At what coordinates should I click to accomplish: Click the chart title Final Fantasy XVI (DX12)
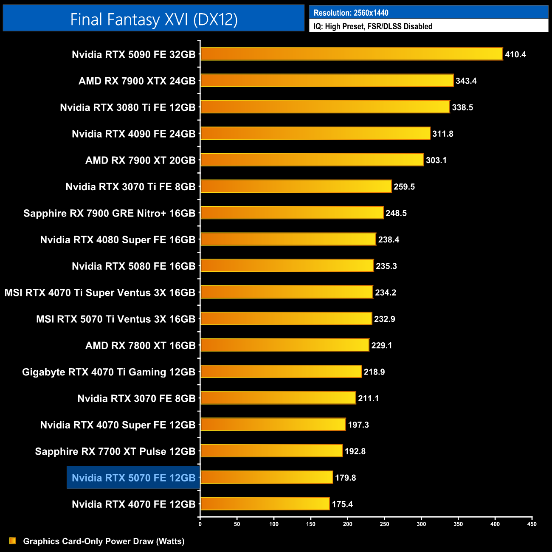point(154,20)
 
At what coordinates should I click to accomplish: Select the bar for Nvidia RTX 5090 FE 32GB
point(352,54)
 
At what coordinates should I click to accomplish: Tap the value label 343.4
point(466,81)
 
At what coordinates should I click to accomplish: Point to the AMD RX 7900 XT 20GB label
point(140,161)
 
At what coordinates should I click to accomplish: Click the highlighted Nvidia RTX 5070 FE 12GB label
point(133,478)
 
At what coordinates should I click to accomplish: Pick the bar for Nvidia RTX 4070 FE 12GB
point(265,504)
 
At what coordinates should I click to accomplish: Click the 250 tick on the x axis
point(384,524)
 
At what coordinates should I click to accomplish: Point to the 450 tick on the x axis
point(532,524)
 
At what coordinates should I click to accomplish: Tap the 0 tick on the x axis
point(200,524)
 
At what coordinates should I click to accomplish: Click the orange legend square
point(13,541)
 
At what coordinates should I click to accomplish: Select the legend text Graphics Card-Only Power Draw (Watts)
point(104,541)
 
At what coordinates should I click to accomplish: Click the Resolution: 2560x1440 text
point(351,13)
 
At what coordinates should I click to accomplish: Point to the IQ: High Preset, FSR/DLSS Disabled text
point(373,26)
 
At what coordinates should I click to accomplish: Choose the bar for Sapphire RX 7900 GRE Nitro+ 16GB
point(292,213)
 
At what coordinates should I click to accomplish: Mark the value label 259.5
point(404,187)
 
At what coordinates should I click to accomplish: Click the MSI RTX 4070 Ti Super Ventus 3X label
point(100,293)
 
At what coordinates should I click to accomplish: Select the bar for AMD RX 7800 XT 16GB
point(284,345)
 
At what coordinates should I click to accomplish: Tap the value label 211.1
point(368,398)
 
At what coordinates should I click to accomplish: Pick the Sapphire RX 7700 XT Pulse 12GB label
point(115,451)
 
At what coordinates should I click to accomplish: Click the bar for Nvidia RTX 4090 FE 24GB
point(315,133)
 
